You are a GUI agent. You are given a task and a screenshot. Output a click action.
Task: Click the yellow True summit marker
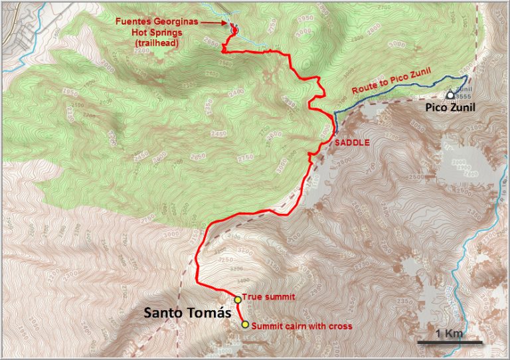coord(238,299)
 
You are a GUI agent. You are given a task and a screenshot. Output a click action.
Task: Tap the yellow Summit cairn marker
coord(245,325)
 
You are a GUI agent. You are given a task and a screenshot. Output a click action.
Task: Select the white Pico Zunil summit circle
coord(451,96)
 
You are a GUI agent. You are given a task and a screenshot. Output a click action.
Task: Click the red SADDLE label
coord(353,141)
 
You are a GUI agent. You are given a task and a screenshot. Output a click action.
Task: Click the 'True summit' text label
coord(268,298)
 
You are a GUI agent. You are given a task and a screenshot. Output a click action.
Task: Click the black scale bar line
coord(450,343)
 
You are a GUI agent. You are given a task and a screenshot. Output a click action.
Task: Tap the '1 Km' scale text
coord(450,333)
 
